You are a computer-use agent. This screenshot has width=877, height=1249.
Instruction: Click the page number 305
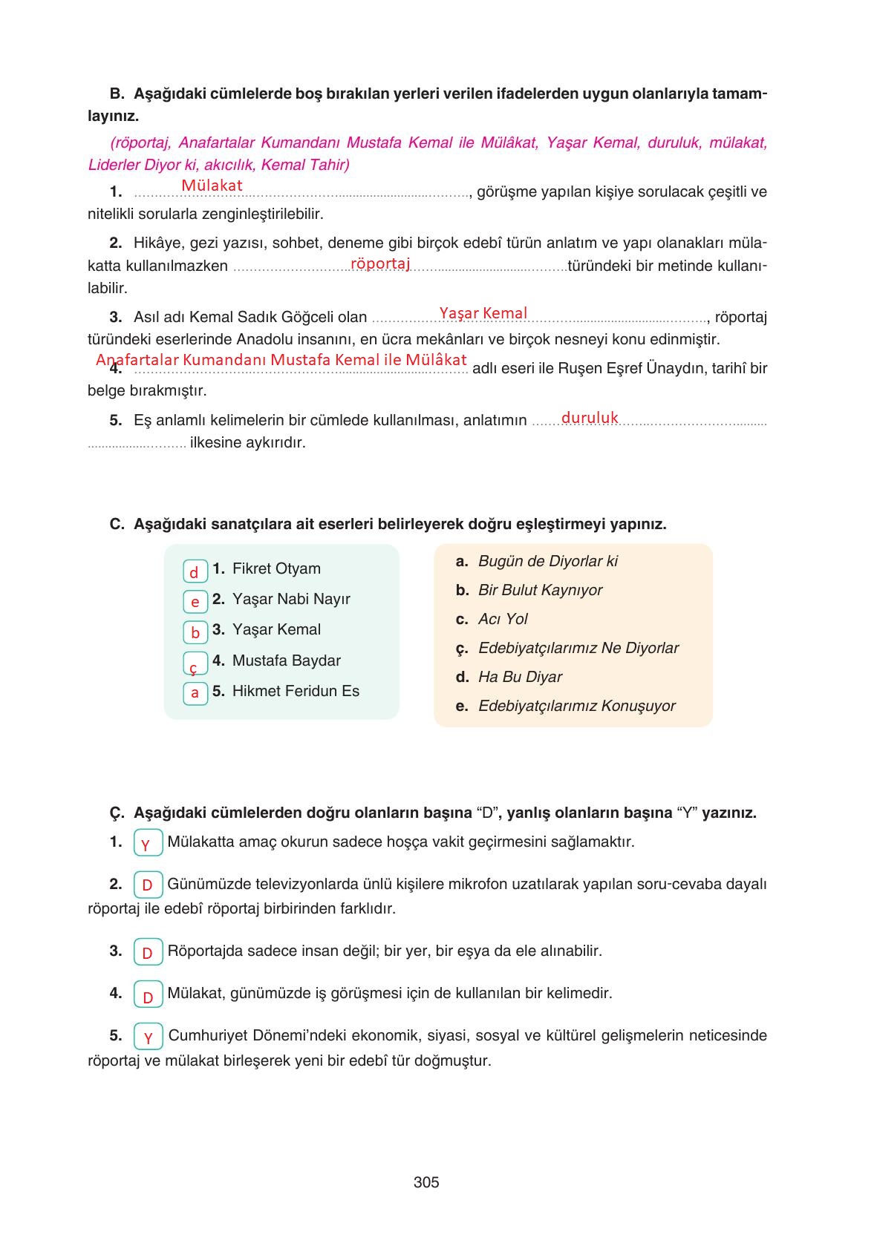(x=426, y=1182)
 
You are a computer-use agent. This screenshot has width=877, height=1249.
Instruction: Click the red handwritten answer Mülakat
(x=212, y=186)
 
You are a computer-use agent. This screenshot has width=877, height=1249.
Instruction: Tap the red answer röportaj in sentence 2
(x=380, y=263)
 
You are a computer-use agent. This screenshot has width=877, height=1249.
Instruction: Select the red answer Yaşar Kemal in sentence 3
(x=483, y=313)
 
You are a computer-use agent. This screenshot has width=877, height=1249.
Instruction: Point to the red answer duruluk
(x=590, y=418)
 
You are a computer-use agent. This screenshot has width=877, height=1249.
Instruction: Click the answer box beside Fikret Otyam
(x=195, y=571)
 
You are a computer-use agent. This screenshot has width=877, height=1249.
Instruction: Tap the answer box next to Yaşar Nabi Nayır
(x=195, y=602)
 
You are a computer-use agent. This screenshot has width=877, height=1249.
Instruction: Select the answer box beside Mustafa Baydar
(x=195, y=663)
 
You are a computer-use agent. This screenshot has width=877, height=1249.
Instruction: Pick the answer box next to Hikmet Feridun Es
(x=195, y=693)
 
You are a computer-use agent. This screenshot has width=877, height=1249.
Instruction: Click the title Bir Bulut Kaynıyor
(x=540, y=590)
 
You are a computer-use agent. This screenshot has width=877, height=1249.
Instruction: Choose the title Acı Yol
(x=503, y=619)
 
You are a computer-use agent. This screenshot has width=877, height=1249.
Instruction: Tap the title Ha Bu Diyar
(x=520, y=677)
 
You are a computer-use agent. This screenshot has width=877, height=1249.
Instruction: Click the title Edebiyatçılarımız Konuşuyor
(x=576, y=706)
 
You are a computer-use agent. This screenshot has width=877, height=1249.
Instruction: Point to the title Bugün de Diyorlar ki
(x=547, y=561)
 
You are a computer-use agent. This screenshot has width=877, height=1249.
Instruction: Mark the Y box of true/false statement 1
(x=147, y=844)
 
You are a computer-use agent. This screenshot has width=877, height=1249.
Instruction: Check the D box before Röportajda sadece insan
(x=147, y=952)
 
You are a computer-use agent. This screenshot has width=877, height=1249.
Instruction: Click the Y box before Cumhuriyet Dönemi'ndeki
(x=148, y=1037)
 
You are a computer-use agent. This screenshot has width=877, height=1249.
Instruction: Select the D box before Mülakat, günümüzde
(x=147, y=995)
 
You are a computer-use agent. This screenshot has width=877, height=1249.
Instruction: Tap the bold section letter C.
(x=116, y=524)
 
